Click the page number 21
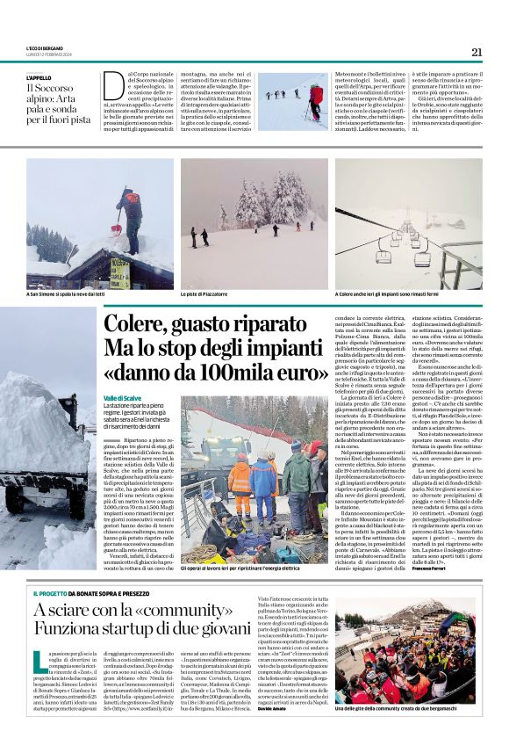477,52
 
